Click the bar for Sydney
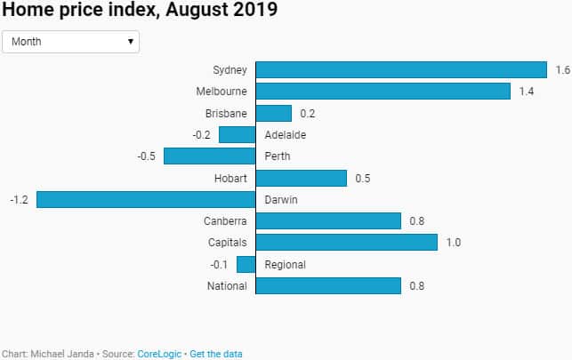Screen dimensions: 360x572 click(x=401, y=69)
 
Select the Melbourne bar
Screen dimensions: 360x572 click(x=383, y=92)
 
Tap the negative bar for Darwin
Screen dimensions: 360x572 click(x=146, y=199)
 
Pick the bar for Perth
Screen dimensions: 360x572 click(x=210, y=156)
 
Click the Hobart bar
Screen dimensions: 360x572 click(x=302, y=178)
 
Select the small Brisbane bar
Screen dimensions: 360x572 click(x=274, y=113)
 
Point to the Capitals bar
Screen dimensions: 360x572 click(x=347, y=242)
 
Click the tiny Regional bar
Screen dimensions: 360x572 click(x=246, y=264)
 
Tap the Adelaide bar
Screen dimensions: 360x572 click(x=238, y=134)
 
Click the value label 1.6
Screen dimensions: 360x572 click(x=562, y=70)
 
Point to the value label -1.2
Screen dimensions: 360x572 click(x=19, y=200)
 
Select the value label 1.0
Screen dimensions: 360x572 click(x=454, y=243)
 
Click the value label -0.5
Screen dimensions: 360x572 click(x=147, y=156)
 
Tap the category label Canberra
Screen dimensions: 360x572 click(x=226, y=221)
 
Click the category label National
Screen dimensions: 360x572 click(x=228, y=286)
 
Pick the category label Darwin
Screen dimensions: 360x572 click(x=281, y=200)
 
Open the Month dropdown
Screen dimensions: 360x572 click(x=71, y=41)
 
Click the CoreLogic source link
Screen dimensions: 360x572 click(x=159, y=354)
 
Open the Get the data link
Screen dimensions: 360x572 click(x=216, y=354)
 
